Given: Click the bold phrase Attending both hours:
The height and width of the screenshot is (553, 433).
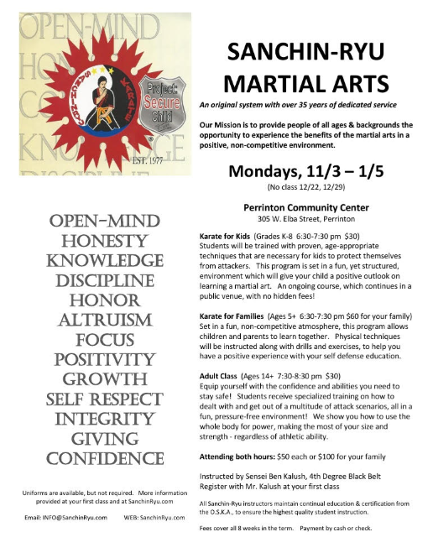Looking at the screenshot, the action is (x=246, y=457).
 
